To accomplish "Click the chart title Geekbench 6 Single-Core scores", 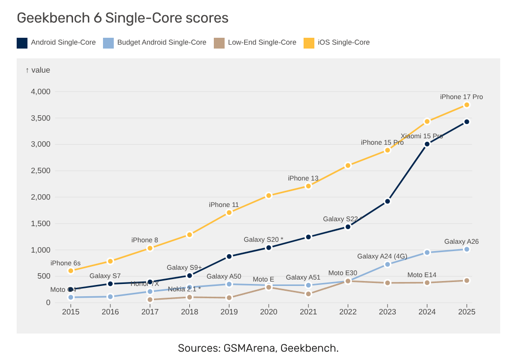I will [x=123, y=18].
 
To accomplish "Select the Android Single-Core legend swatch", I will [x=22, y=43].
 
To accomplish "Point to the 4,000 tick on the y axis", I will [x=41, y=92].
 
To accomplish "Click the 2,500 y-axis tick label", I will [x=41, y=171].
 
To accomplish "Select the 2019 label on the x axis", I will [x=229, y=312].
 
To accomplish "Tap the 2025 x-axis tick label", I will [x=466, y=312].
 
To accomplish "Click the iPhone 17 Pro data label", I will [x=461, y=97].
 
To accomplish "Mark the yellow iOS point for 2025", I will [x=467, y=105].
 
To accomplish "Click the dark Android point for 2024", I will [x=427, y=144].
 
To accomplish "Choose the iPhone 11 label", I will [x=224, y=205].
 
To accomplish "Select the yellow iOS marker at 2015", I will [x=71, y=271].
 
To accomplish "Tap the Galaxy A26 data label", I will [x=461, y=241].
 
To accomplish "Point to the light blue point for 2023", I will [x=387, y=264].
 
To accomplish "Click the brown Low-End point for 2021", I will [x=308, y=294].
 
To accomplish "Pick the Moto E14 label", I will [x=421, y=275].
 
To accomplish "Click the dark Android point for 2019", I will [x=229, y=257].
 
